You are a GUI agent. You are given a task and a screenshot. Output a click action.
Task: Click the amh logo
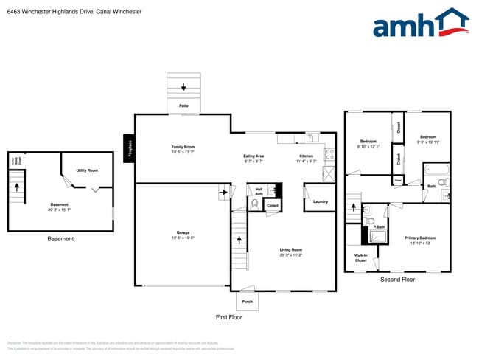(420, 24)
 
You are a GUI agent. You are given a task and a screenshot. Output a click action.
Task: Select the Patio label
(184, 106)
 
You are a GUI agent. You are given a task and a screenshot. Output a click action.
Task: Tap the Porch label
(247, 302)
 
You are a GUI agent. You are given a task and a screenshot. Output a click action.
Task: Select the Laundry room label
(320, 201)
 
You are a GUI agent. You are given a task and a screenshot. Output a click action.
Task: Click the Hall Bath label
(259, 191)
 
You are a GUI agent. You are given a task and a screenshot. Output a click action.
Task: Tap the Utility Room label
(87, 170)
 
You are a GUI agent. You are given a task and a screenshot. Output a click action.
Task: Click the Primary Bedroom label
(420, 238)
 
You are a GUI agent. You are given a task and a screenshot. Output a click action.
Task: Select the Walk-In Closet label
(360, 258)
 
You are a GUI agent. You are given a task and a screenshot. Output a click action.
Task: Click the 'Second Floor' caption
(397, 280)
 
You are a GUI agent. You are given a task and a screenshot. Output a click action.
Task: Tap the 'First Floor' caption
(228, 316)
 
